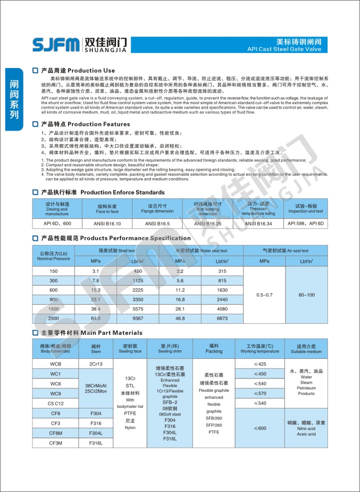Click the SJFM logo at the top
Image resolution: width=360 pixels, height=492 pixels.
[x=55, y=45]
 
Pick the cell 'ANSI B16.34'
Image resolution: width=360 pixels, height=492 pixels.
[x=258, y=224]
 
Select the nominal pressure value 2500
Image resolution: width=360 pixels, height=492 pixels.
[x=53, y=318]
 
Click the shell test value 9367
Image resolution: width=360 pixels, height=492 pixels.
[x=138, y=318]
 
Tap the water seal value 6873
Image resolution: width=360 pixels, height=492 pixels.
[x=222, y=318]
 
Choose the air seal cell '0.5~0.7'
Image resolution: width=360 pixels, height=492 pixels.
[x=264, y=295]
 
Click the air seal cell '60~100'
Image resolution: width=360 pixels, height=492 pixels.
[x=306, y=295]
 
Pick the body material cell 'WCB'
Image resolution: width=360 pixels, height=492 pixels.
[x=55, y=364]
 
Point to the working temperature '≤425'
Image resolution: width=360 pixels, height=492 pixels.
[x=259, y=364]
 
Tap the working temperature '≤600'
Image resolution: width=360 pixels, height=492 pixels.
[x=259, y=428]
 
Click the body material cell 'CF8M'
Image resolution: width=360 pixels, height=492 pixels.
[x=55, y=433]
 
